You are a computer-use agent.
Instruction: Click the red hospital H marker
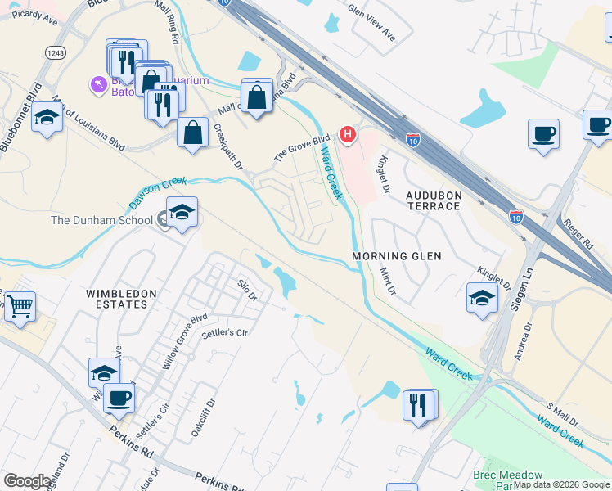coord(349,133)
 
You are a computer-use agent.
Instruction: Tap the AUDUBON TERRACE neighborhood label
coord(434,200)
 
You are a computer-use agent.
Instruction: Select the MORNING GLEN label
coord(397,256)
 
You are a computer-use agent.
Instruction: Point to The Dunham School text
coord(101,220)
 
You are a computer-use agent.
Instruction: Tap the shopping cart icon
coord(20,308)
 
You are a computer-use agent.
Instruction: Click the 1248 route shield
coord(56,53)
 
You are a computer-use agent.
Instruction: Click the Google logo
coord(28,481)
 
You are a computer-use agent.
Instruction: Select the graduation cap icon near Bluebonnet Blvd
coord(47,118)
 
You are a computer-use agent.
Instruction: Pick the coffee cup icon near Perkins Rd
coord(119,398)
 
